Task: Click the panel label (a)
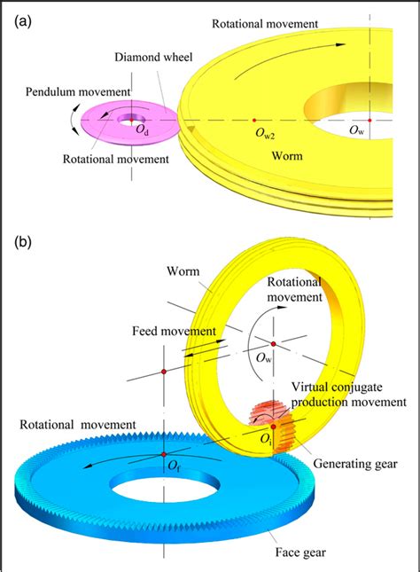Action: pos(20,20)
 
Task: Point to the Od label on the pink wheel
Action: pos(141,131)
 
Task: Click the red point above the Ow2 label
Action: pos(254,120)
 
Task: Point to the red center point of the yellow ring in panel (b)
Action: pos(274,342)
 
